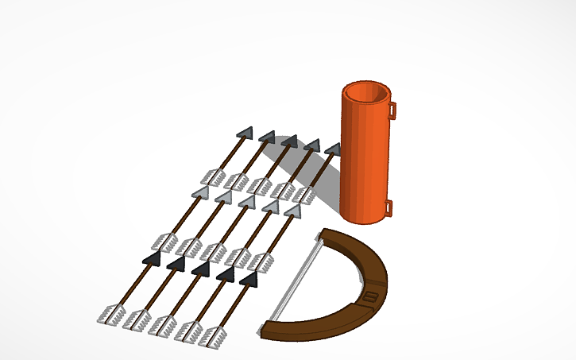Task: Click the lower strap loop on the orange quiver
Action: (390, 208)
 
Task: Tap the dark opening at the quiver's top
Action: (366, 95)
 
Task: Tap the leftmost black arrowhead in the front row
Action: (151, 259)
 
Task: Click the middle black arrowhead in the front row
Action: (200, 270)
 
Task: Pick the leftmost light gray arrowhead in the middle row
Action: (199, 192)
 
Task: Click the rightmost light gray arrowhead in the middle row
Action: (294, 211)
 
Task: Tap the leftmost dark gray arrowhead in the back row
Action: (243, 134)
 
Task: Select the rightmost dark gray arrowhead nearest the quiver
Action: (332, 149)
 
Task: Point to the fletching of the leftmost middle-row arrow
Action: (165, 241)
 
